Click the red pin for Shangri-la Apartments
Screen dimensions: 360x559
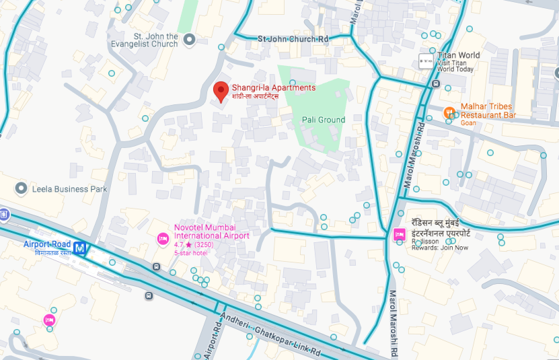click(x=220, y=91)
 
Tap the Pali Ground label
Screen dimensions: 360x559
click(x=323, y=120)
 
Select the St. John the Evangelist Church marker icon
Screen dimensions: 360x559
click(x=190, y=40)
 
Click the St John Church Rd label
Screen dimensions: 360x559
click(x=293, y=40)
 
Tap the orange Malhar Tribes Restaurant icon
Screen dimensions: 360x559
click(x=450, y=112)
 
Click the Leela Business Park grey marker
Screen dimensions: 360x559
click(x=22, y=188)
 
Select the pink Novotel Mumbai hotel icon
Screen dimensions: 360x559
click(x=162, y=238)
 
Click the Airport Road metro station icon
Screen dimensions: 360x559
click(x=80, y=248)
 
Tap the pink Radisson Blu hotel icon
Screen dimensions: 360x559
click(x=398, y=234)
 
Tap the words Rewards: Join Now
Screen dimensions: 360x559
click(x=440, y=248)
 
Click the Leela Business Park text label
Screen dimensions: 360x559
click(x=69, y=189)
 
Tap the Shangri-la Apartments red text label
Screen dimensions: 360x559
click(x=273, y=87)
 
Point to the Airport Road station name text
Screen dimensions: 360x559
click(x=46, y=244)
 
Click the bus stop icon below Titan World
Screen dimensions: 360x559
click(x=437, y=84)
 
